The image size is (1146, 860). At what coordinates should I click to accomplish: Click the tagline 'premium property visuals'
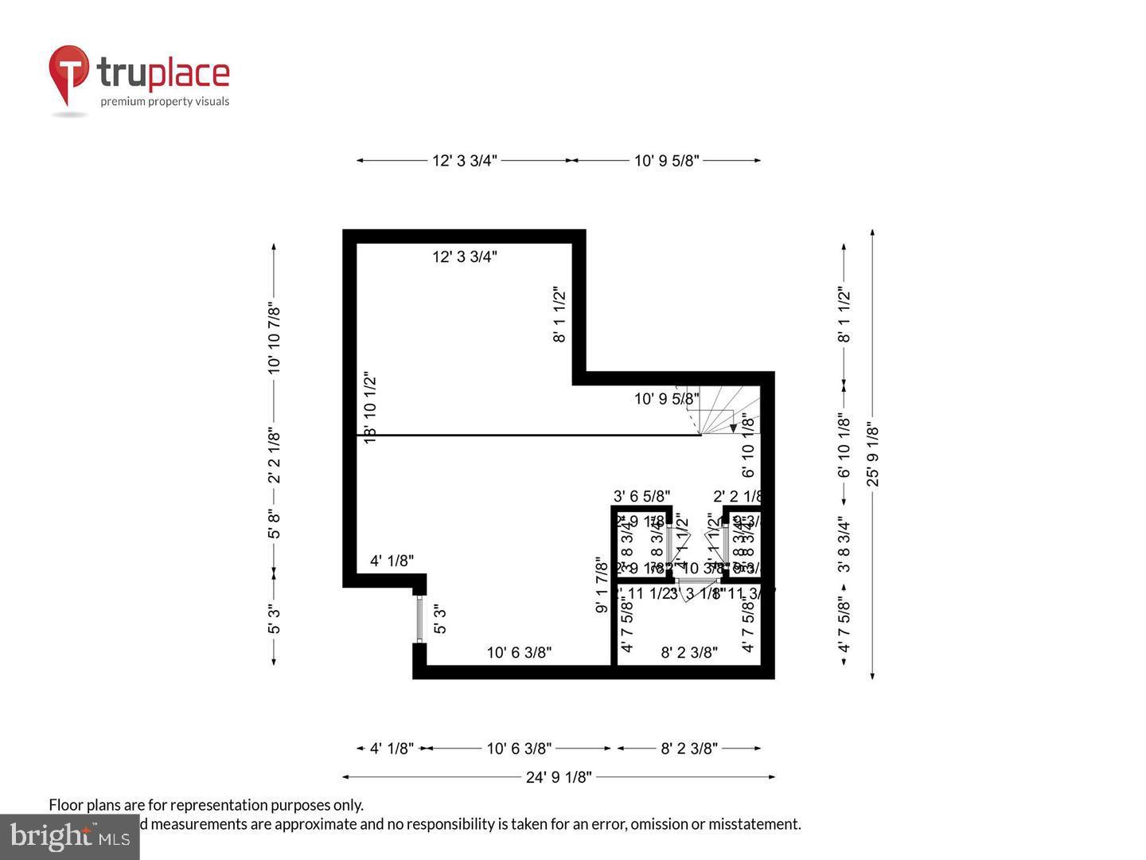point(165,101)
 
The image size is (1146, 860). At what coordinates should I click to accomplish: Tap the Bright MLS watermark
point(70,836)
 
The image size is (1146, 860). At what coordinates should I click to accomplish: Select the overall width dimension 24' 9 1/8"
point(558,777)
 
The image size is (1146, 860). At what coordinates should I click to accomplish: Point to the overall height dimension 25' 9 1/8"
point(873,455)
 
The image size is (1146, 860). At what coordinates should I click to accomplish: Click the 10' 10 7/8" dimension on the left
point(275,337)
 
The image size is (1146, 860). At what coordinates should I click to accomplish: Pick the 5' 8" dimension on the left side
point(275,524)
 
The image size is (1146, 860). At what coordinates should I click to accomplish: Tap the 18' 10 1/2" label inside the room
point(370,407)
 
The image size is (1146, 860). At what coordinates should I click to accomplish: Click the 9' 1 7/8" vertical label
point(602,585)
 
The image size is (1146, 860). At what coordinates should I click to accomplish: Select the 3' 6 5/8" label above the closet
point(641,496)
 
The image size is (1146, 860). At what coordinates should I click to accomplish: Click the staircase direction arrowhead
point(733,428)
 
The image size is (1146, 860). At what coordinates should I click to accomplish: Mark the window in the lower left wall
point(419,619)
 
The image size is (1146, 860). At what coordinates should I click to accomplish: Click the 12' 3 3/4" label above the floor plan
point(465,161)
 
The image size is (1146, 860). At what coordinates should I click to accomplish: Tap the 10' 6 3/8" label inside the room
point(519,653)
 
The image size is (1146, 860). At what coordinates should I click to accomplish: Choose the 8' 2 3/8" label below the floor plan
point(689,749)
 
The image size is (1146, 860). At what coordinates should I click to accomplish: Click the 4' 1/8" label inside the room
point(392,561)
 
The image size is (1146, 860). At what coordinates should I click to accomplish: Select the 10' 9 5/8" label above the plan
point(666,161)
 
